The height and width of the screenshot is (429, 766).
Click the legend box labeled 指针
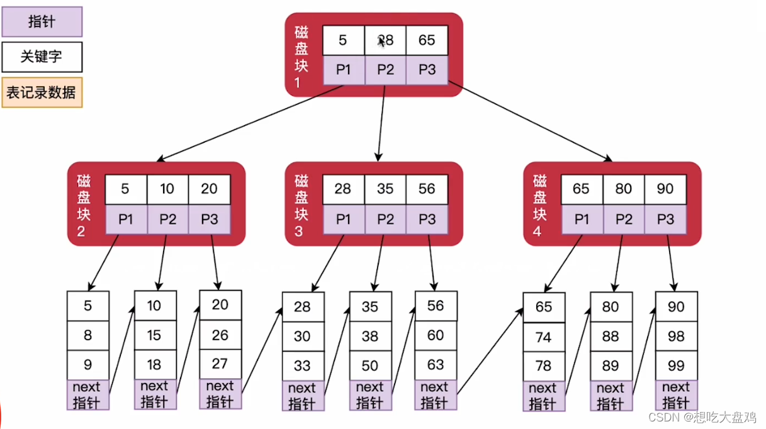(x=42, y=21)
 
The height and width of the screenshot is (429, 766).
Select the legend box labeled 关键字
(x=42, y=57)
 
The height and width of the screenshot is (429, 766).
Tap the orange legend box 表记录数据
(x=42, y=93)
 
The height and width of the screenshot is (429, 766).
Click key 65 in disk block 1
(x=427, y=40)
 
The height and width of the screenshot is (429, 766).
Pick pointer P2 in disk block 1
(x=385, y=70)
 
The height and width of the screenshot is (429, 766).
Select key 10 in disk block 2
(x=168, y=189)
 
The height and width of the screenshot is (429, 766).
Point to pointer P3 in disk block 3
(x=427, y=219)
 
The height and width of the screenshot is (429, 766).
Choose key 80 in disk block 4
(x=624, y=189)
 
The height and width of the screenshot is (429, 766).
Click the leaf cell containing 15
(x=155, y=336)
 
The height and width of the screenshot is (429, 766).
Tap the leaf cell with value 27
(x=220, y=364)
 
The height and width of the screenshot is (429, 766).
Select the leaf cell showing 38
(x=370, y=337)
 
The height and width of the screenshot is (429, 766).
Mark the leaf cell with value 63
(x=436, y=365)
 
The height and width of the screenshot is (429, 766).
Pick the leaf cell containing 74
(x=544, y=338)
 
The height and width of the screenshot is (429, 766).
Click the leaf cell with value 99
(x=676, y=365)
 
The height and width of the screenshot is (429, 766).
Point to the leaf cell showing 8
(x=87, y=336)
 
